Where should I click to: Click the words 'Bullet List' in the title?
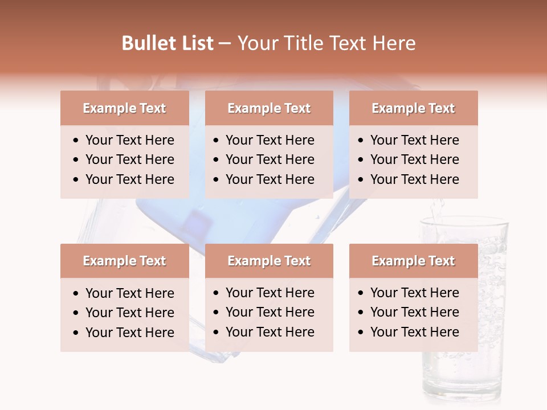(x=168, y=43)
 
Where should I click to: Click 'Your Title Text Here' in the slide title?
(x=326, y=43)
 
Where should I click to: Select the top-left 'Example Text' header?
(x=124, y=108)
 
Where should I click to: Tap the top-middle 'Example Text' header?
(x=269, y=108)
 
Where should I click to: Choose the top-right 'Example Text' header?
(x=413, y=108)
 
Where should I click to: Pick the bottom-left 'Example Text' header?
(x=124, y=261)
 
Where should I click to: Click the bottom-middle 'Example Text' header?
(x=269, y=261)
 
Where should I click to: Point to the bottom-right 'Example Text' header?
(x=413, y=261)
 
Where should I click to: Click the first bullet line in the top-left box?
(x=129, y=140)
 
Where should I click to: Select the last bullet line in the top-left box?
(x=129, y=179)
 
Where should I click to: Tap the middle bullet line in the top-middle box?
(x=270, y=159)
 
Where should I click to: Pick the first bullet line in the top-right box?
(x=414, y=140)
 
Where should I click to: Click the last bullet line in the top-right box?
(x=414, y=179)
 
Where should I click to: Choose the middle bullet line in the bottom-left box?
(x=129, y=313)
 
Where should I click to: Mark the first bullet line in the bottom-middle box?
(x=270, y=293)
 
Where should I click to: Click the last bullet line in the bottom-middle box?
(x=270, y=332)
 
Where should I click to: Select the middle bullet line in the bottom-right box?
(x=414, y=312)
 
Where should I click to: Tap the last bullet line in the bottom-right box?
(x=414, y=332)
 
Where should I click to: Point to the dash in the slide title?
(x=224, y=44)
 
